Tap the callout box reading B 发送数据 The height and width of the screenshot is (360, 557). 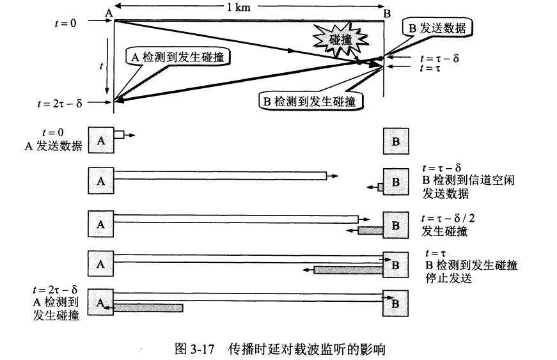pyautogui.click(x=437, y=28)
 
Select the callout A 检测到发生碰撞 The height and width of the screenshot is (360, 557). pyautogui.click(x=180, y=56)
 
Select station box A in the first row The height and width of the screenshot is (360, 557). pyautogui.click(x=101, y=141)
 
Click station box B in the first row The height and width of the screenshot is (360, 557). pyautogui.click(x=395, y=141)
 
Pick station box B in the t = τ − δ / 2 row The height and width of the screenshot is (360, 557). pyautogui.click(x=395, y=224)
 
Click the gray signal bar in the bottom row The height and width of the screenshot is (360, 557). pyautogui.click(x=148, y=308)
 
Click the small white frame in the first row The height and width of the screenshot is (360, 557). pyautogui.click(x=119, y=135)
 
